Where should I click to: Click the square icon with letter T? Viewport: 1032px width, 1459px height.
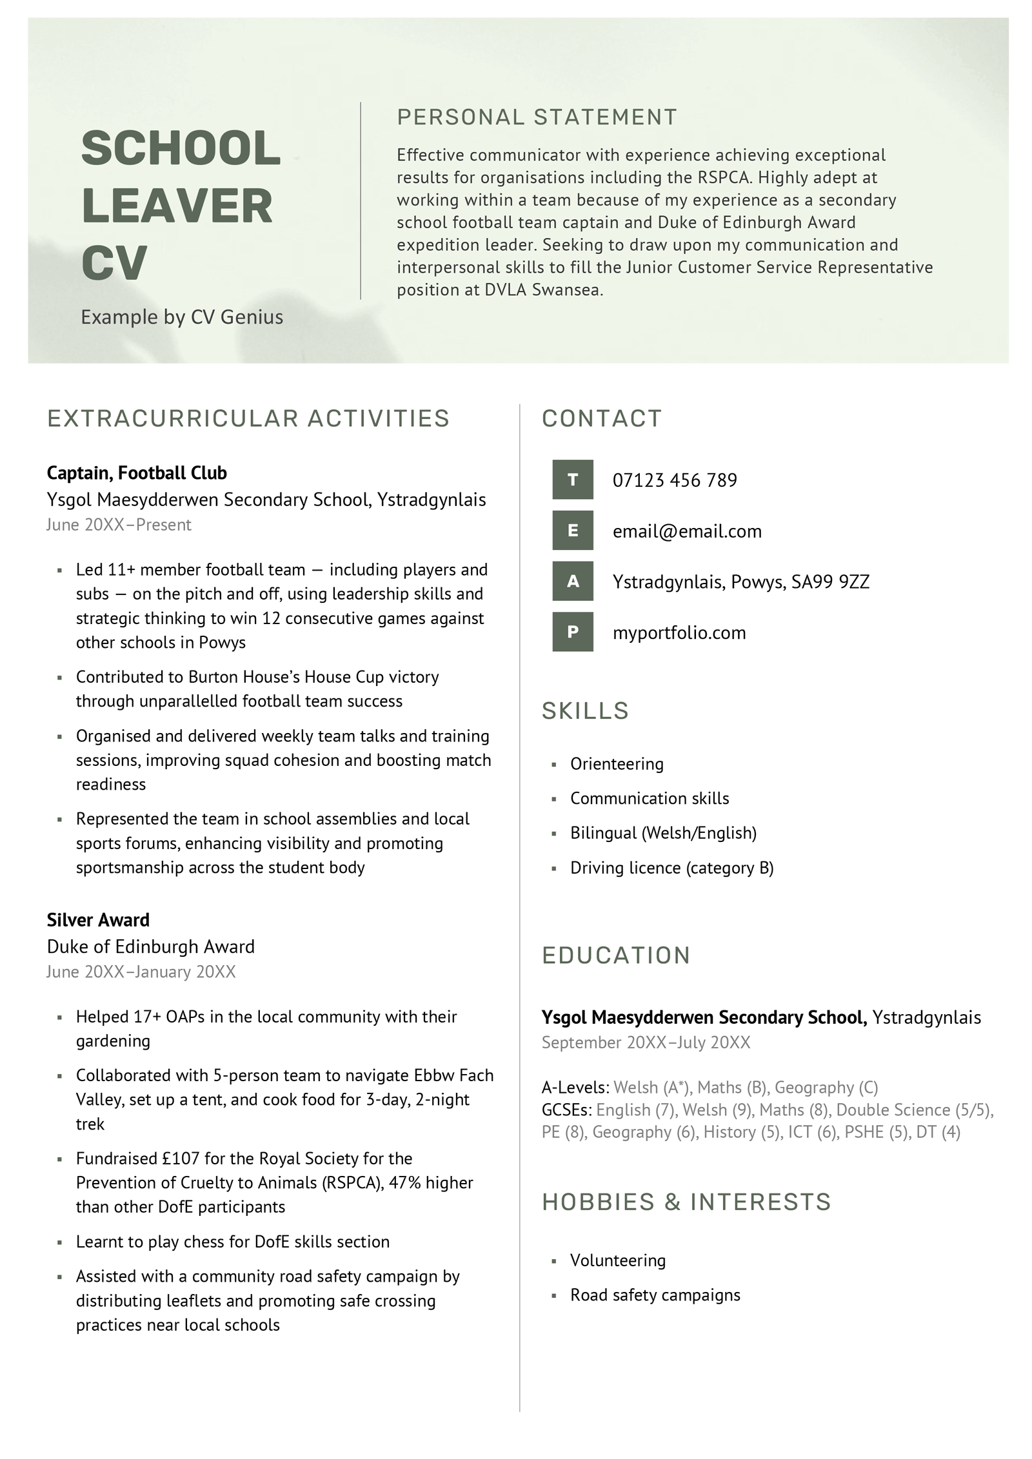click(572, 480)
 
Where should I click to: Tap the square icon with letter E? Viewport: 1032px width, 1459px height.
click(572, 531)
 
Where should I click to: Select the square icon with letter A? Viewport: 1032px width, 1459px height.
click(572, 582)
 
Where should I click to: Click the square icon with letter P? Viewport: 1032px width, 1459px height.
click(572, 632)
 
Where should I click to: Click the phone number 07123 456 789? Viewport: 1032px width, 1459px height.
click(675, 480)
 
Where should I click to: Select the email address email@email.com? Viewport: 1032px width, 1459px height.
click(687, 531)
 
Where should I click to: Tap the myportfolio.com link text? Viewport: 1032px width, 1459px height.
click(679, 633)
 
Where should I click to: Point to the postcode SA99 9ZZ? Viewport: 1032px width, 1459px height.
click(830, 582)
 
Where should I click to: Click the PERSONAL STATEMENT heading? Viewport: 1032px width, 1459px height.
click(537, 117)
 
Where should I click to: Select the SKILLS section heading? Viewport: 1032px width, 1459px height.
click(585, 710)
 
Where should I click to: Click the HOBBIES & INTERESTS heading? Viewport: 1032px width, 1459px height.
click(686, 1202)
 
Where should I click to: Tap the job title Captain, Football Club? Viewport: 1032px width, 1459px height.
click(137, 473)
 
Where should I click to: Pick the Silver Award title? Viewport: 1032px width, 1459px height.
click(98, 920)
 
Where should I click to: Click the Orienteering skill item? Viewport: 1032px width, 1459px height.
click(617, 764)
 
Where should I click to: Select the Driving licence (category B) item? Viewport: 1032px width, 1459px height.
click(671, 868)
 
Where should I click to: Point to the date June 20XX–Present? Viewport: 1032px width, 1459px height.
click(119, 525)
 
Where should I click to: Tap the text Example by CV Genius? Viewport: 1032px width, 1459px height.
click(182, 317)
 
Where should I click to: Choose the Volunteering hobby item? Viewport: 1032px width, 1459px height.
click(617, 1260)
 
